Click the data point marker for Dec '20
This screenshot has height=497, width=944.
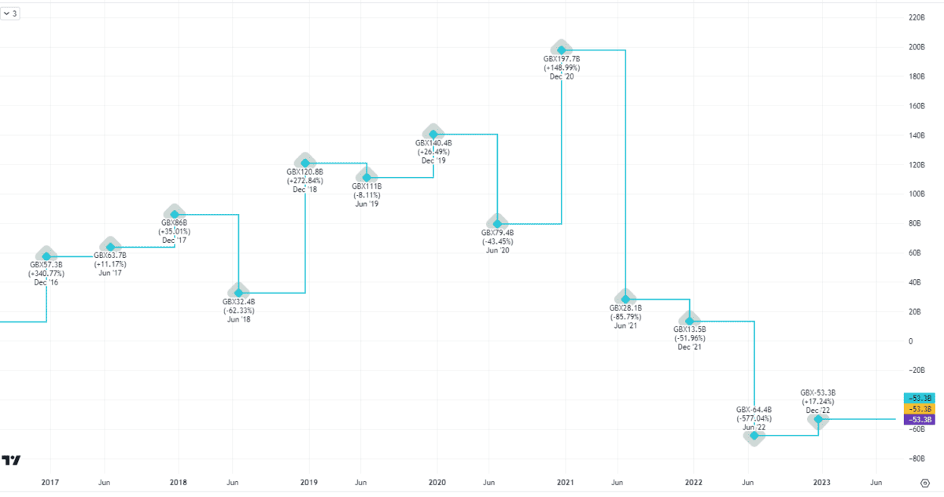(x=562, y=50)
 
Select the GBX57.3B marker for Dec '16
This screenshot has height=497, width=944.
(x=46, y=256)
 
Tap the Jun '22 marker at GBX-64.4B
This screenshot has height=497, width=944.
(x=754, y=435)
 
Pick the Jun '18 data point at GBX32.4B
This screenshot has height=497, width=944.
(x=239, y=293)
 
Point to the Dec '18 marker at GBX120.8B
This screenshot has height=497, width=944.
(x=304, y=163)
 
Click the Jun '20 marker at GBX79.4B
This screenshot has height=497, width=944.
(x=497, y=224)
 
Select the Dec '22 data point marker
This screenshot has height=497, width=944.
(x=819, y=419)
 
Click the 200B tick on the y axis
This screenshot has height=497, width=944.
(x=916, y=47)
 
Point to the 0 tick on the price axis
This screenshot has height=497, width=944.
(x=910, y=341)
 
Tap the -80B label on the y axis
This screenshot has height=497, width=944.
(x=916, y=458)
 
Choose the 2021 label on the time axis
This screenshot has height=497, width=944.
(x=565, y=482)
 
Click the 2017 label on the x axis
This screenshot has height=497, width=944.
(x=50, y=482)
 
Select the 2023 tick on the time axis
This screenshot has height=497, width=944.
(x=821, y=482)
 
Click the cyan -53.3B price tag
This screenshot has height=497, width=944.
(x=919, y=398)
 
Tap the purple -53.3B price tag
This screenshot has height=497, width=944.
(x=919, y=419)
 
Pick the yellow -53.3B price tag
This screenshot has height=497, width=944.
(x=919, y=409)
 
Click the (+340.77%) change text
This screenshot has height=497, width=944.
(x=46, y=274)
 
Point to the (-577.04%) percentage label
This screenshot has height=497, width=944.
(x=754, y=418)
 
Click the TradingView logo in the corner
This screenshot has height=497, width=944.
(x=11, y=460)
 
